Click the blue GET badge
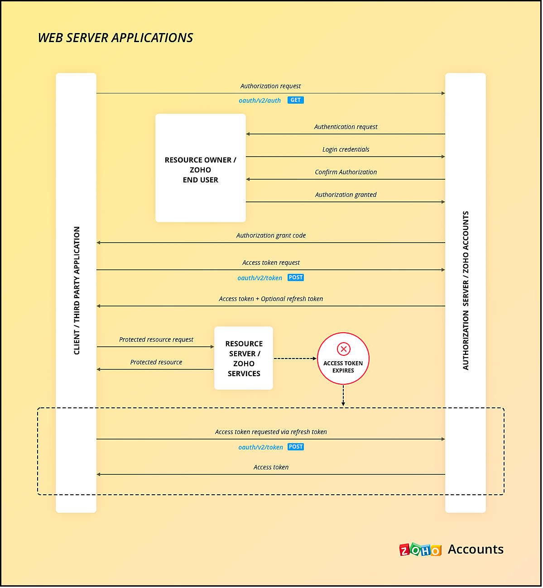tap(296, 100)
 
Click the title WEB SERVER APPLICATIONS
tap(115, 38)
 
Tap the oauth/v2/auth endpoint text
tap(259, 100)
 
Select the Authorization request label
tap(270, 86)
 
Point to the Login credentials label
tap(346, 149)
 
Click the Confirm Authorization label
tap(346, 172)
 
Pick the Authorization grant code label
tap(271, 235)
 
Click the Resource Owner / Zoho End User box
tap(200, 168)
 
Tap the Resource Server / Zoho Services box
tap(244, 358)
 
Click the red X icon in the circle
tap(344, 349)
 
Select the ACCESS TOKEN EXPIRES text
tap(343, 367)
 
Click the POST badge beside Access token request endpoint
tap(296, 277)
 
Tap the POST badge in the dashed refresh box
tap(296, 447)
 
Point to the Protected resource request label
tap(156, 339)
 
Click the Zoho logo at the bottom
tap(420, 550)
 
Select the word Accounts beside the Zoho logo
tap(476, 549)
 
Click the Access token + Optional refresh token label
tap(271, 299)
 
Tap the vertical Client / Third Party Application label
tap(77, 291)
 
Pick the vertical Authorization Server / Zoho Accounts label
tap(466, 291)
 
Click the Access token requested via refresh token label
tap(271, 432)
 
